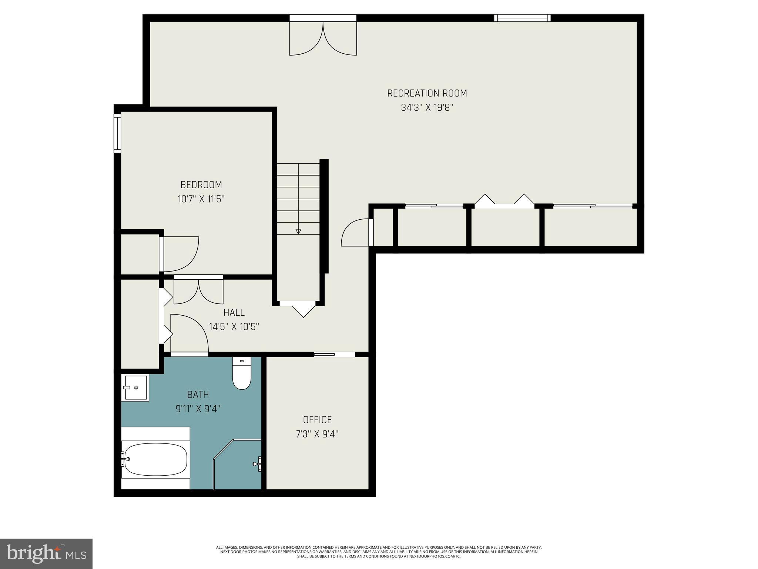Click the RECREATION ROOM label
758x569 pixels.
tap(427, 93)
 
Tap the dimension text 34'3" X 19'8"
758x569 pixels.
tap(427, 108)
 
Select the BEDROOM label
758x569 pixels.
tap(201, 185)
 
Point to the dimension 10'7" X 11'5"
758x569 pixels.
tap(201, 199)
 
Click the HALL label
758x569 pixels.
tap(234, 313)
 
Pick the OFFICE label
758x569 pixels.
tap(317, 420)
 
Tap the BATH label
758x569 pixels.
tap(198, 395)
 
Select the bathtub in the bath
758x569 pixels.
tap(155, 459)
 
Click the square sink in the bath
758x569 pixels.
tap(135, 387)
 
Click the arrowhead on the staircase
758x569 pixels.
tap(298, 232)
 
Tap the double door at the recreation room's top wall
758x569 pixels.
tap(323, 37)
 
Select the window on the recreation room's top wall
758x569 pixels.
tap(522, 18)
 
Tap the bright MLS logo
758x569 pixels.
tap(46, 553)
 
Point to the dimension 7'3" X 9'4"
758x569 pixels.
tap(317, 434)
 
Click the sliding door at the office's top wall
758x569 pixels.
tap(334, 355)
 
